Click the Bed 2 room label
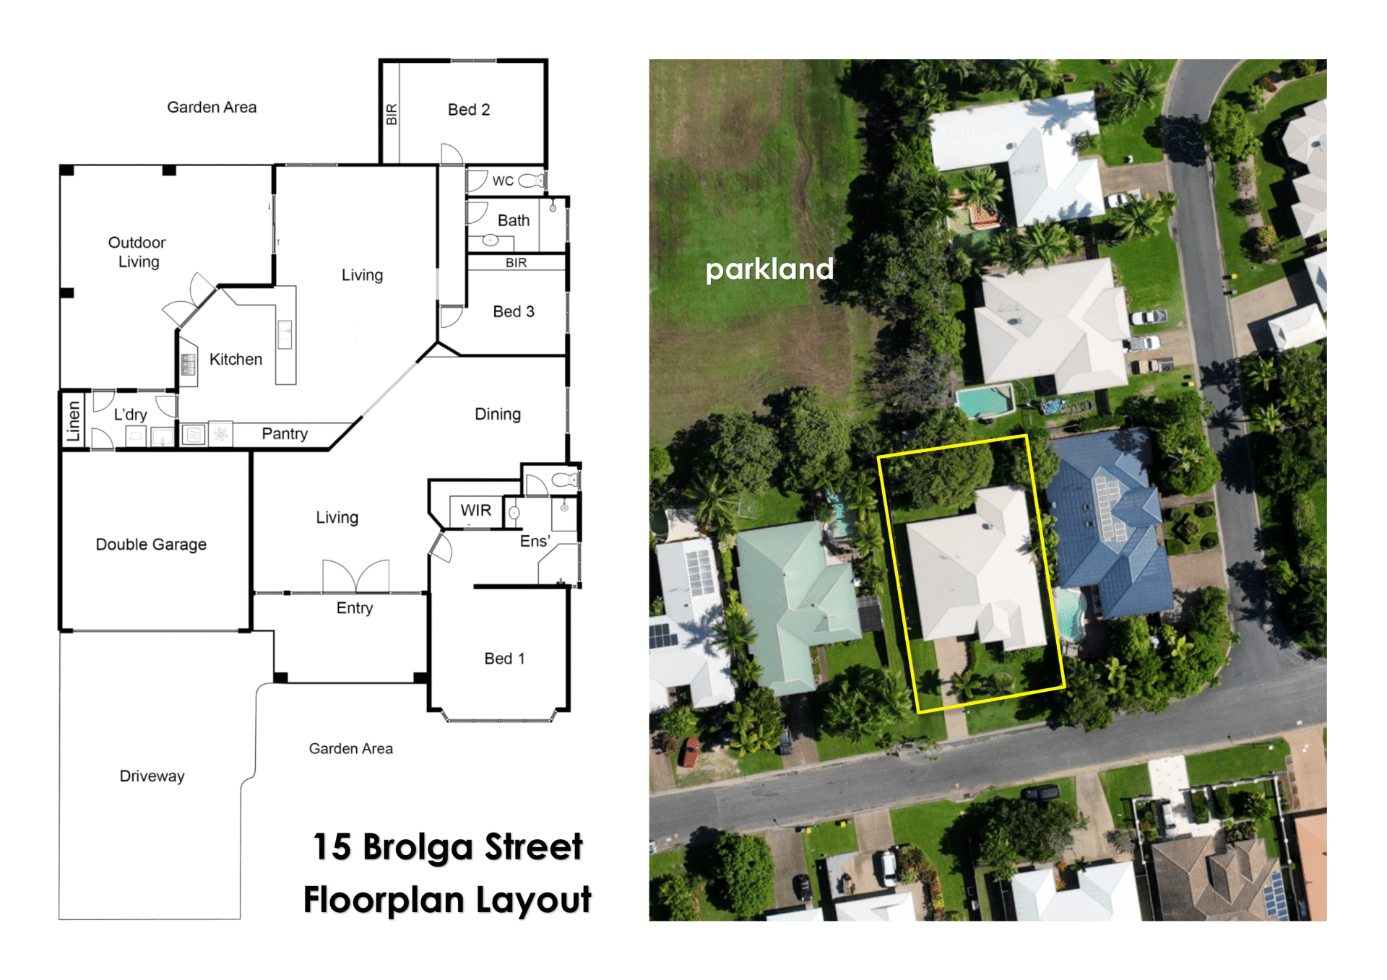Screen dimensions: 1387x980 click(x=469, y=110)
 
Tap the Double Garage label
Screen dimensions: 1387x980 click(x=151, y=545)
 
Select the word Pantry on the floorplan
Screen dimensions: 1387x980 click(x=285, y=433)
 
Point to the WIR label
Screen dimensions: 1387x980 click(x=476, y=511)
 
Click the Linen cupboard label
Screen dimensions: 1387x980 click(x=73, y=421)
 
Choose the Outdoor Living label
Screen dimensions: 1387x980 click(x=137, y=252)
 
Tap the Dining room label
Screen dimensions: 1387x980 click(x=498, y=415)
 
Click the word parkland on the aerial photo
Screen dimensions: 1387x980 click(x=769, y=270)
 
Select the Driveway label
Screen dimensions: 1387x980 click(x=152, y=776)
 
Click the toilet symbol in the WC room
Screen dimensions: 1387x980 click(x=532, y=180)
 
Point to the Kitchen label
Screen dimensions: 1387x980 click(x=236, y=360)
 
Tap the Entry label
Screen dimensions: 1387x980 click(x=355, y=608)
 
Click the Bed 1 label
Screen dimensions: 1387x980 click(x=504, y=659)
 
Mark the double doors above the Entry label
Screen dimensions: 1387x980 click(x=355, y=576)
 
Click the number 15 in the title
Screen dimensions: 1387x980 click(x=332, y=846)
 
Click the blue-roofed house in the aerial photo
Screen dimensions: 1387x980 click(x=1109, y=524)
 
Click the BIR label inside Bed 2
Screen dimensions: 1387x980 click(x=392, y=114)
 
